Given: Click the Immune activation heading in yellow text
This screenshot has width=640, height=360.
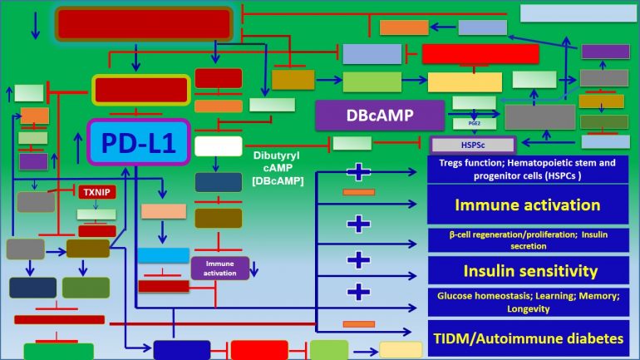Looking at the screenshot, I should click(x=528, y=205).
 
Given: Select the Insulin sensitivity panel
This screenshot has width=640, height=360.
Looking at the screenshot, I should click(x=528, y=270).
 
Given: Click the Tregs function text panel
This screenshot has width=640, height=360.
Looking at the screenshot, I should click(x=528, y=169).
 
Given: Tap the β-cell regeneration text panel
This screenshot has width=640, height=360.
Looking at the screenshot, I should click(x=528, y=239).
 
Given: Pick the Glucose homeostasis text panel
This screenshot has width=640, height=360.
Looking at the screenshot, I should click(x=528, y=302).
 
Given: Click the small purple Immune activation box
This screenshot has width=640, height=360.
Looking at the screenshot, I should click(x=220, y=268).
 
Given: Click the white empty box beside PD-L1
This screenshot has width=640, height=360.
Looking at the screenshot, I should click(x=219, y=147).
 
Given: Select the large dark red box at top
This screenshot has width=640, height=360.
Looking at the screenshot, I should click(x=145, y=23).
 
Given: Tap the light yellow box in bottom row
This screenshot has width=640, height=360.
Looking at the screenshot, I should click(x=401, y=350).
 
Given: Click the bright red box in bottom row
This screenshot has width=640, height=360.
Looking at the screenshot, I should click(x=259, y=350).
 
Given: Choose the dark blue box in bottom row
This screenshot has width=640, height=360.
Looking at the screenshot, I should click(x=181, y=350).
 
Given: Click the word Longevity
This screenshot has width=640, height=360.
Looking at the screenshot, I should click(x=528, y=308).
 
